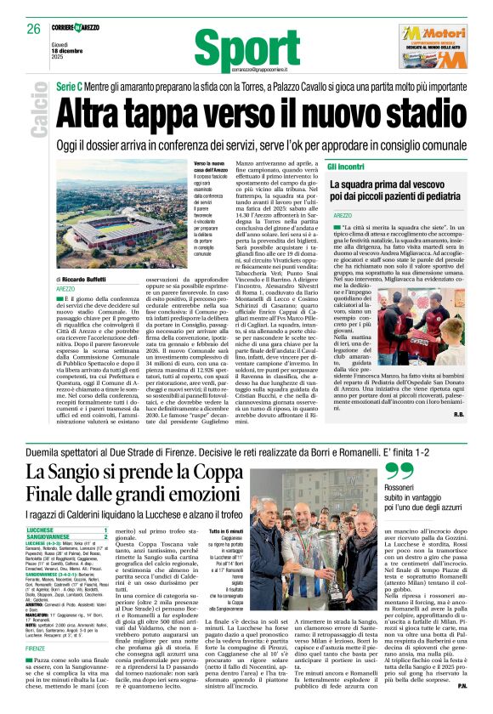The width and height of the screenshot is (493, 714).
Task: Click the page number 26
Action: point(34,28)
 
